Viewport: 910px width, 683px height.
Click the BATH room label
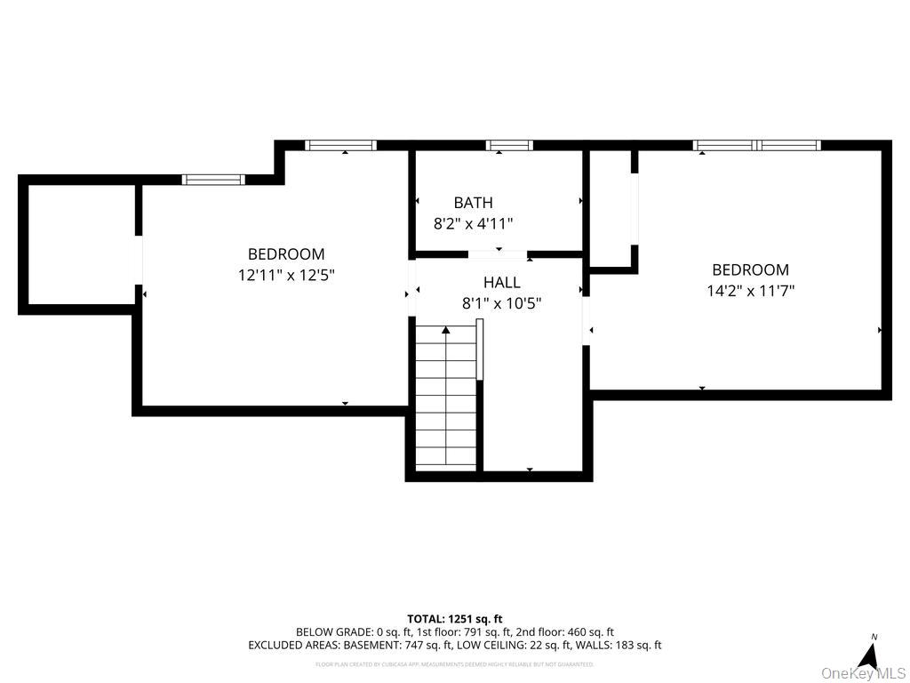pos(473,203)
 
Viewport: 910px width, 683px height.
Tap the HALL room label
pos(501,283)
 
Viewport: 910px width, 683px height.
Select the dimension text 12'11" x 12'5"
pos(286,276)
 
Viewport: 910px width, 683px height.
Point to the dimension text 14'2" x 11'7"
pos(750,290)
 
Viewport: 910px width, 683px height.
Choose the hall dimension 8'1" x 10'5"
pos(501,303)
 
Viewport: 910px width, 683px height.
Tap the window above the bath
pos(509,145)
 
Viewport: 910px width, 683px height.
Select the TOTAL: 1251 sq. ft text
pos(455,619)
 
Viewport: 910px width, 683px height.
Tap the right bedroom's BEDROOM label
pos(750,269)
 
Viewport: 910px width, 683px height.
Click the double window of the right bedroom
pos(756,145)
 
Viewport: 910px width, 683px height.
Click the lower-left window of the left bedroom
pos(213,179)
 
